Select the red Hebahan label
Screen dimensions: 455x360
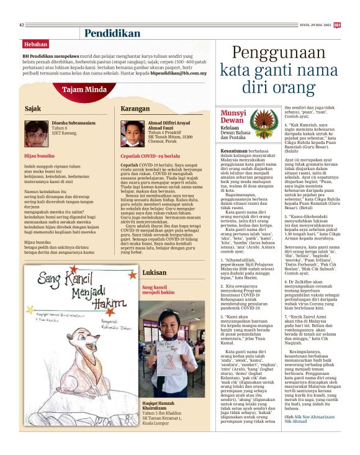coord(35,45)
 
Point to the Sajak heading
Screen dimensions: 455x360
coord(33,109)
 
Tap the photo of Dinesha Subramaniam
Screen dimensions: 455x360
coord(37,130)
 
